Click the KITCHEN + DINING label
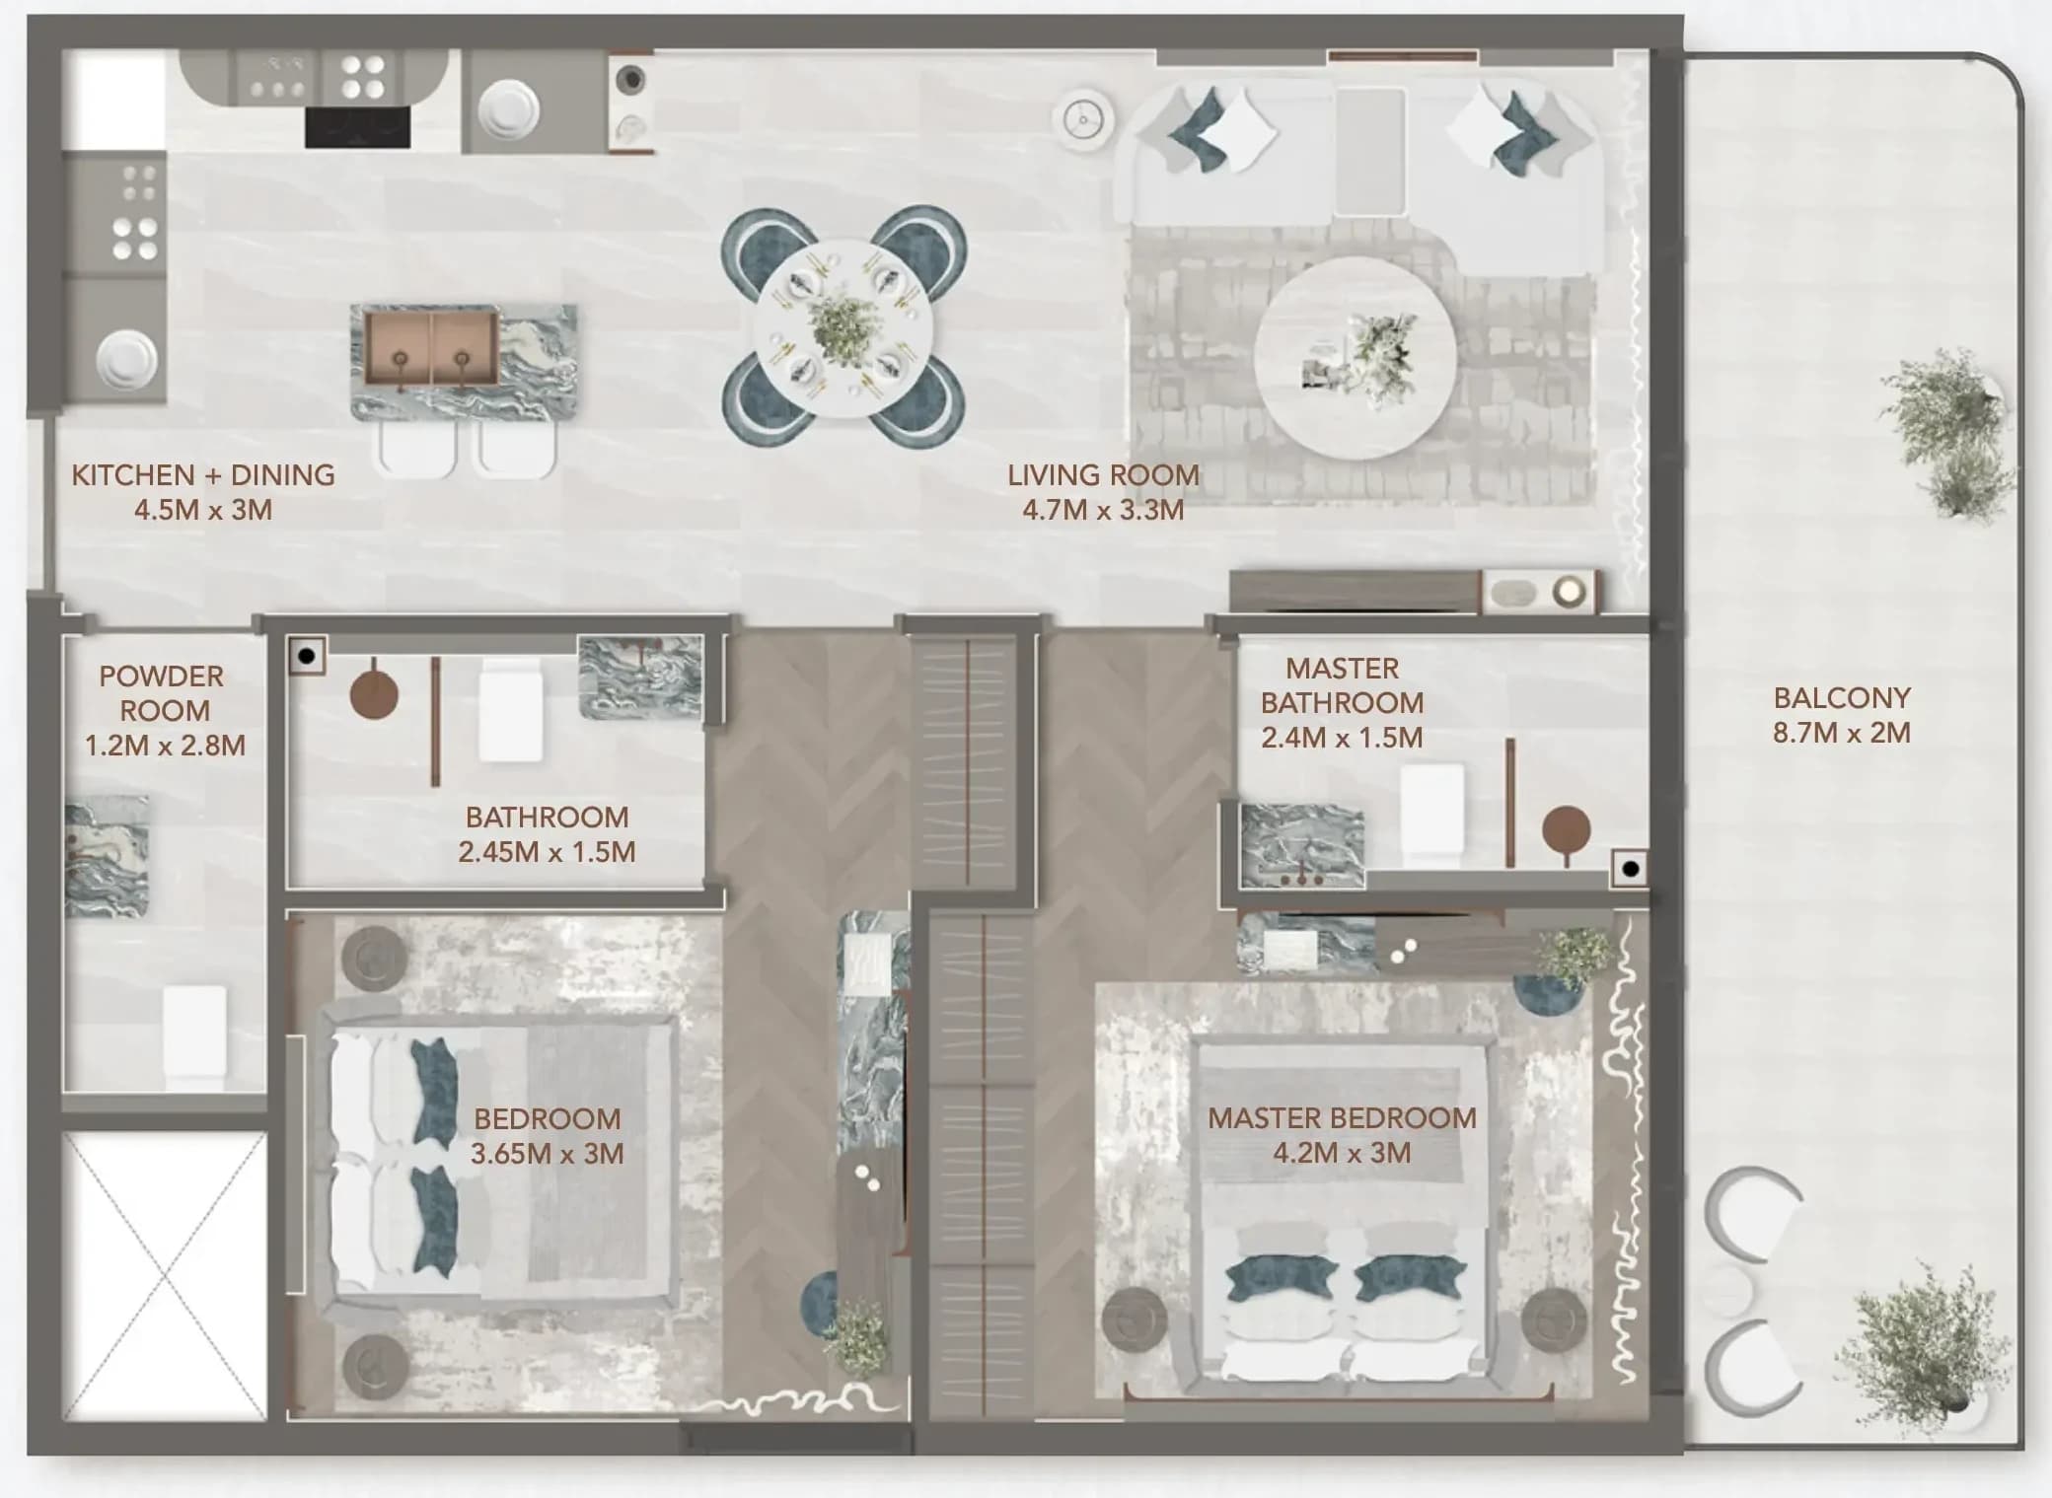(x=203, y=475)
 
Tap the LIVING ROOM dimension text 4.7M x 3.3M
(x=1103, y=510)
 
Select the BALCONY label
(x=1842, y=698)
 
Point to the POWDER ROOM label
(x=163, y=693)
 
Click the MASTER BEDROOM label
(x=1342, y=1118)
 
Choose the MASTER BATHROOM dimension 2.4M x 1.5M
(x=1342, y=738)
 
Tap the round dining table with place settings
(x=843, y=327)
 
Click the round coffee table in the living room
(x=1355, y=359)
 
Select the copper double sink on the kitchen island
(x=431, y=346)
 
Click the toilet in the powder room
(x=194, y=1034)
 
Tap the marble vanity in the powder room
(x=107, y=856)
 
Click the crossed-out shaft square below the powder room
(x=165, y=1276)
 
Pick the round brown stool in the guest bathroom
(x=375, y=693)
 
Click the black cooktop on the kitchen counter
(x=357, y=127)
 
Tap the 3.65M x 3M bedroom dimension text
(x=548, y=1154)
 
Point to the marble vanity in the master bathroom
(x=1302, y=846)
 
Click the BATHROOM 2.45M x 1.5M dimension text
(x=547, y=852)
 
